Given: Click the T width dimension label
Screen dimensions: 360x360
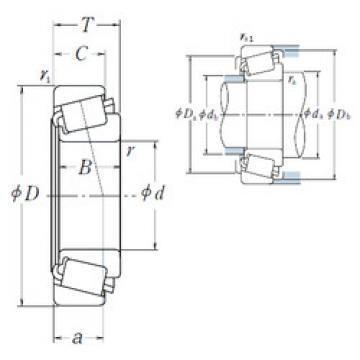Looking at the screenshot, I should [x=87, y=23].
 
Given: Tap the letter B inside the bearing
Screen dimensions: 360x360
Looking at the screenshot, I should [x=87, y=167].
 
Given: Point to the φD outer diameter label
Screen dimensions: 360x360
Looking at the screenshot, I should [x=26, y=191].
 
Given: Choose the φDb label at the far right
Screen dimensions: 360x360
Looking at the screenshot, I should [x=336, y=111].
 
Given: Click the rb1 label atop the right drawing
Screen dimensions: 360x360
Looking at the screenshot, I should [x=247, y=39].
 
